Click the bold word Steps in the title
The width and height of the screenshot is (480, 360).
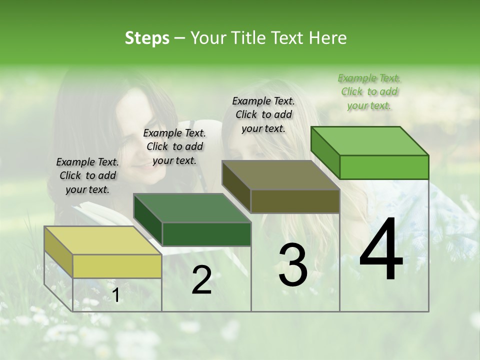point(147,38)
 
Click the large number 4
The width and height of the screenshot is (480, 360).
point(381,249)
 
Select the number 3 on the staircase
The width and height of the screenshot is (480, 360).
point(293,265)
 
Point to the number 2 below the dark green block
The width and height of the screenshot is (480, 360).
point(201,280)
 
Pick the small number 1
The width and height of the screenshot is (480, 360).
point(116,295)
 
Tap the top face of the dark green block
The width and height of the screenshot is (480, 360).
point(192,208)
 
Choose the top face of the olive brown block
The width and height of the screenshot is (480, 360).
point(280,175)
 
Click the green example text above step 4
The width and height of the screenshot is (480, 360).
point(369,91)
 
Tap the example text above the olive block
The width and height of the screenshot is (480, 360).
point(263,114)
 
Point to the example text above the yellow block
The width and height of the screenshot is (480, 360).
point(87,175)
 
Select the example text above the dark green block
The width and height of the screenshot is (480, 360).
point(174,146)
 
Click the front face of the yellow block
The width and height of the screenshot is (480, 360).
point(117,266)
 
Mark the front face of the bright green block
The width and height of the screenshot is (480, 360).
point(384,167)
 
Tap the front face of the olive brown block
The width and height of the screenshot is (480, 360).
point(295,201)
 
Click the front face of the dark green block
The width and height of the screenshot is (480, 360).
point(206,234)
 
